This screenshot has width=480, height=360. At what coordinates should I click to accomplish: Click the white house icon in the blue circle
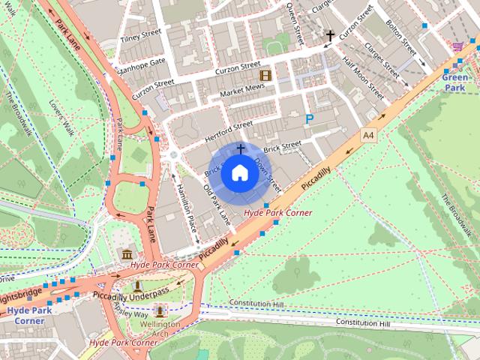[x=239, y=172]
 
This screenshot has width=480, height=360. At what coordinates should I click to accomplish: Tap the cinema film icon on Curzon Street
[x=264, y=75]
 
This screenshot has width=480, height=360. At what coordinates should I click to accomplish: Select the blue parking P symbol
[x=309, y=118]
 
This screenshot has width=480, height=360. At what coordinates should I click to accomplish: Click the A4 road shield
[x=367, y=135]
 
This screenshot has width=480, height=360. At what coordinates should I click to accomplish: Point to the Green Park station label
[x=454, y=82]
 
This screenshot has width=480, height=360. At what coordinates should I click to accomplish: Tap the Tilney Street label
[x=140, y=34]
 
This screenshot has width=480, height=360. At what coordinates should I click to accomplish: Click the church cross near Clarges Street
[x=330, y=35]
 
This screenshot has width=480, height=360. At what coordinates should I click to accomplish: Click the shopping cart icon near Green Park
[x=457, y=46]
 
